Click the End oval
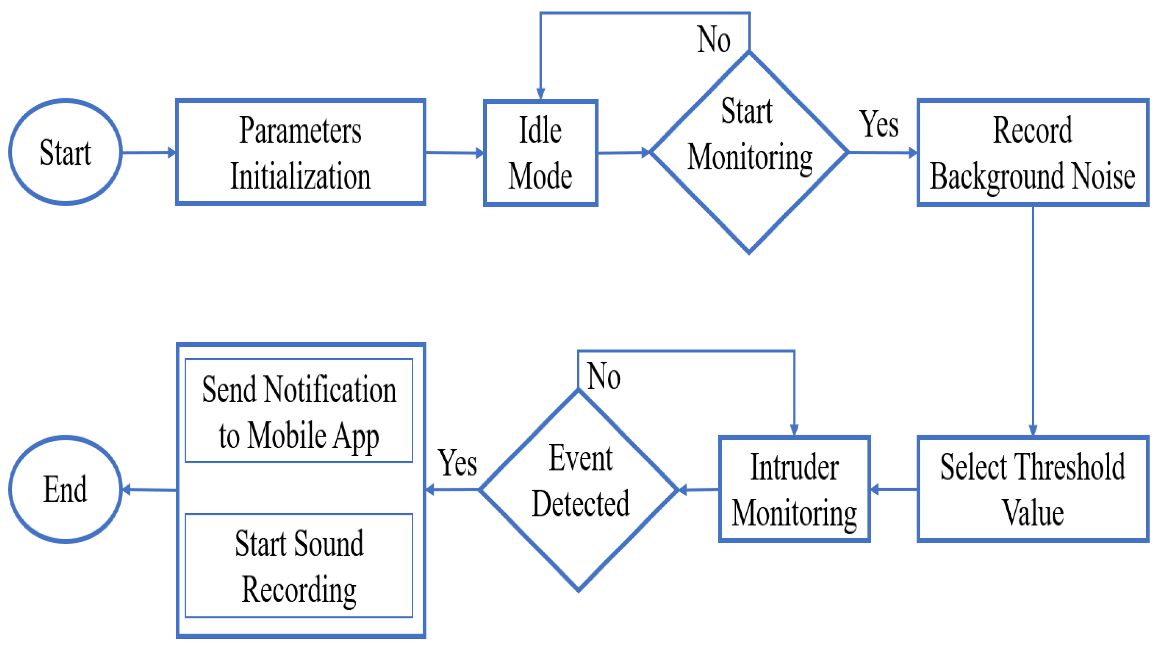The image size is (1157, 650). (x=65, y=489)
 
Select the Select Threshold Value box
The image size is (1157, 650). (x=1033, y=489)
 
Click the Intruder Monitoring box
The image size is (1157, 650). (x=794, y=489)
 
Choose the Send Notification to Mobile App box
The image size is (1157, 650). (x=299, y=410)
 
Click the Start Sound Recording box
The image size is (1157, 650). (x=299, y=566)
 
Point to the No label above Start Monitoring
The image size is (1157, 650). (x=714, y=39)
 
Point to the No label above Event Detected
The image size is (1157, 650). (x=604, y=376)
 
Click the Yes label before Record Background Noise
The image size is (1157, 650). (x=879, y=124)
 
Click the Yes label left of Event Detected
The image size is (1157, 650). (x=457, y=463)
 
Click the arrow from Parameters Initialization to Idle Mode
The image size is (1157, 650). (x=454, y=153)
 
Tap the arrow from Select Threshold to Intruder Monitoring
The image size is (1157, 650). (x=894, y=489)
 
